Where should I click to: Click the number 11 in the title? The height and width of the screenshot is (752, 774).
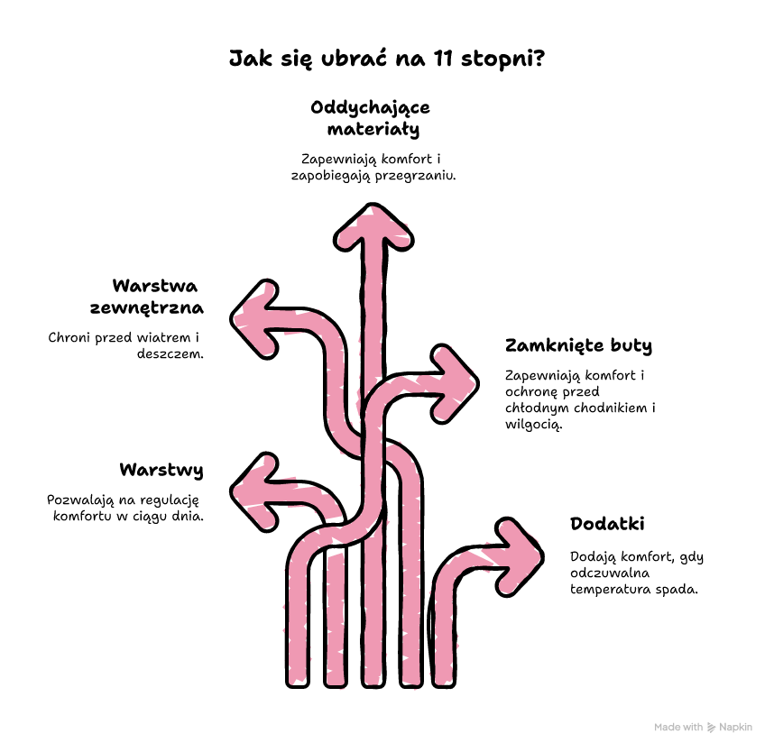click(x=443, y=59)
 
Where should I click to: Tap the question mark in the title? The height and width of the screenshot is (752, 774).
click(x=539, y=58)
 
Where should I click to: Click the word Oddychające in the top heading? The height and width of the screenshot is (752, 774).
click(x=370, y=108)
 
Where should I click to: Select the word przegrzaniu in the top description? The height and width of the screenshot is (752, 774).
click(x=416, y=176)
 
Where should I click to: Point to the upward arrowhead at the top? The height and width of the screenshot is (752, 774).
click(x=373, y=227)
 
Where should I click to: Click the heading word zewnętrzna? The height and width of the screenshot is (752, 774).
click(x=147, y=308)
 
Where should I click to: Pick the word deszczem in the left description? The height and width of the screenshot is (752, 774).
click(x=170, y=353)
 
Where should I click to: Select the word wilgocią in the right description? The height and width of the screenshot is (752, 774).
click(x=534, y=425)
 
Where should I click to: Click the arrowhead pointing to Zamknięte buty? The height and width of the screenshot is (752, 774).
click(x=454, y=383)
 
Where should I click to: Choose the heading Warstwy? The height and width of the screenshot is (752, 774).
click(x=161, y=470)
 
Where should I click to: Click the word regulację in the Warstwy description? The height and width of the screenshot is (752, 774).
click(x=170, y=500)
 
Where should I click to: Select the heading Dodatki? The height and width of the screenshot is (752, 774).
click(x=607, y=524)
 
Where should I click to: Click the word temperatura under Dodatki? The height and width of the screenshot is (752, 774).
click(x=604, y=590)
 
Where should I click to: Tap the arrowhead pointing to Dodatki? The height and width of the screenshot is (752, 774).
click(x=520, y=557)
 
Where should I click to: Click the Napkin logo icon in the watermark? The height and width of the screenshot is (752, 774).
click(x=712, y=728)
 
